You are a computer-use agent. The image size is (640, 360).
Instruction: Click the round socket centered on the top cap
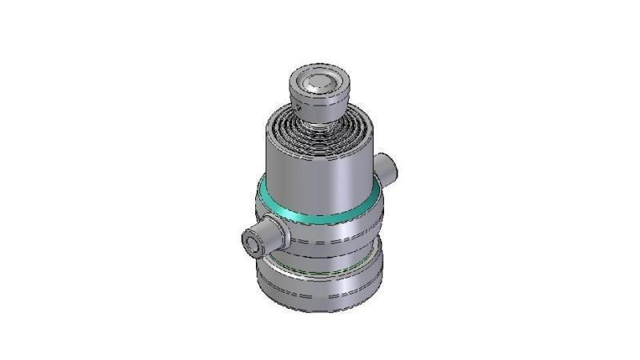(319, 81)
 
